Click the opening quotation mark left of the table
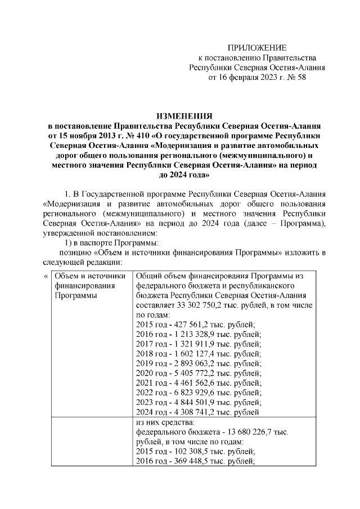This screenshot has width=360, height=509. (46, 276)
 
